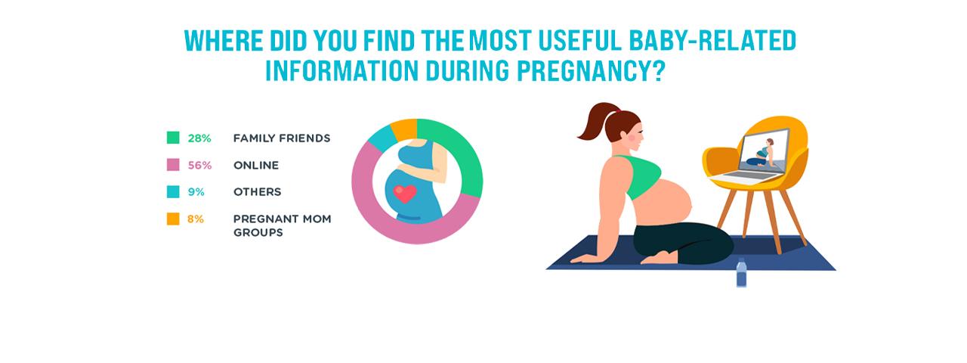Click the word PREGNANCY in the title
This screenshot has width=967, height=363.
pyautogui.click(x=591, y=71)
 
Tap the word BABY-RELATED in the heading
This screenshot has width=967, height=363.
pyautogui.click(x=712, y=41)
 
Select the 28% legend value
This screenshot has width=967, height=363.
pyautogui.click(x=199, y=138)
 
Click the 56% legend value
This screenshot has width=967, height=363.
pyautogui.click(x=200, y=165)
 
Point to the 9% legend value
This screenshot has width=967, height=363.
pyautogui.click(x=196, y=192)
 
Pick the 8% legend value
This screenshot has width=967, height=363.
pyautogui.click(x=196, y=219)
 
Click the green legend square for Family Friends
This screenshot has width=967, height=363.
pyautogui.click(x=173, y=138)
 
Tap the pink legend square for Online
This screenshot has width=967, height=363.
pyautogui.click(x=173, y=165)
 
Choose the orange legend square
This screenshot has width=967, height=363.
pyautogui.click(x=173, y=219)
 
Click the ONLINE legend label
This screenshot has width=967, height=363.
pyautogui.click(x=256, y=165)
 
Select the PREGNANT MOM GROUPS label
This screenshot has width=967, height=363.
pyautogui.click(x=283, y=225)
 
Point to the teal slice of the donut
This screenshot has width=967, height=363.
pyautogui.click(x=382, y=139)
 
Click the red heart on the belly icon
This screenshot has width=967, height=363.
pyautogui.click(x=405, y=194)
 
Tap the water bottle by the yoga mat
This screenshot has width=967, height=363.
pyautogui.click(x=741, y=272)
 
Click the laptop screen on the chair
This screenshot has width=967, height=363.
pyautogui.click(x=764, y=151)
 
